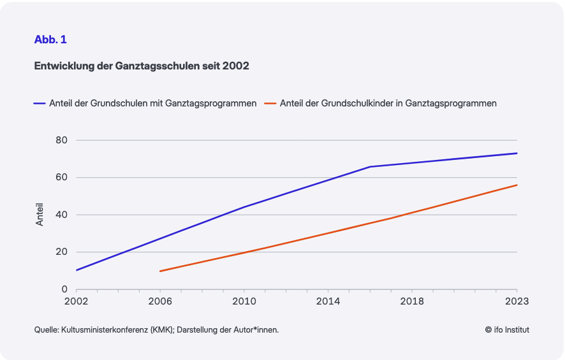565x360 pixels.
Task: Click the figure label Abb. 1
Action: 50,40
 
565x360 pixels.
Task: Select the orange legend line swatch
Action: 270,103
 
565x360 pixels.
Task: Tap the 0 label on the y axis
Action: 64,289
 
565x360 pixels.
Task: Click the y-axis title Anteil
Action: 40,215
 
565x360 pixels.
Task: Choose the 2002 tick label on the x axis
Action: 76,301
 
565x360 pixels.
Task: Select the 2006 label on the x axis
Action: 160,301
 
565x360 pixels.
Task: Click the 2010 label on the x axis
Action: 244,301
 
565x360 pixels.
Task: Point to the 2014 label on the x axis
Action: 328,301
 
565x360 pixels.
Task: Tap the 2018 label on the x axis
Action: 412,301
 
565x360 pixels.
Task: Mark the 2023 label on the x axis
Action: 517,301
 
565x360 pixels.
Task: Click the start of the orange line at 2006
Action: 160,271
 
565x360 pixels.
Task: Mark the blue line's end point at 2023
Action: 517,153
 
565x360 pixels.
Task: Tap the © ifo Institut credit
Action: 507,329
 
